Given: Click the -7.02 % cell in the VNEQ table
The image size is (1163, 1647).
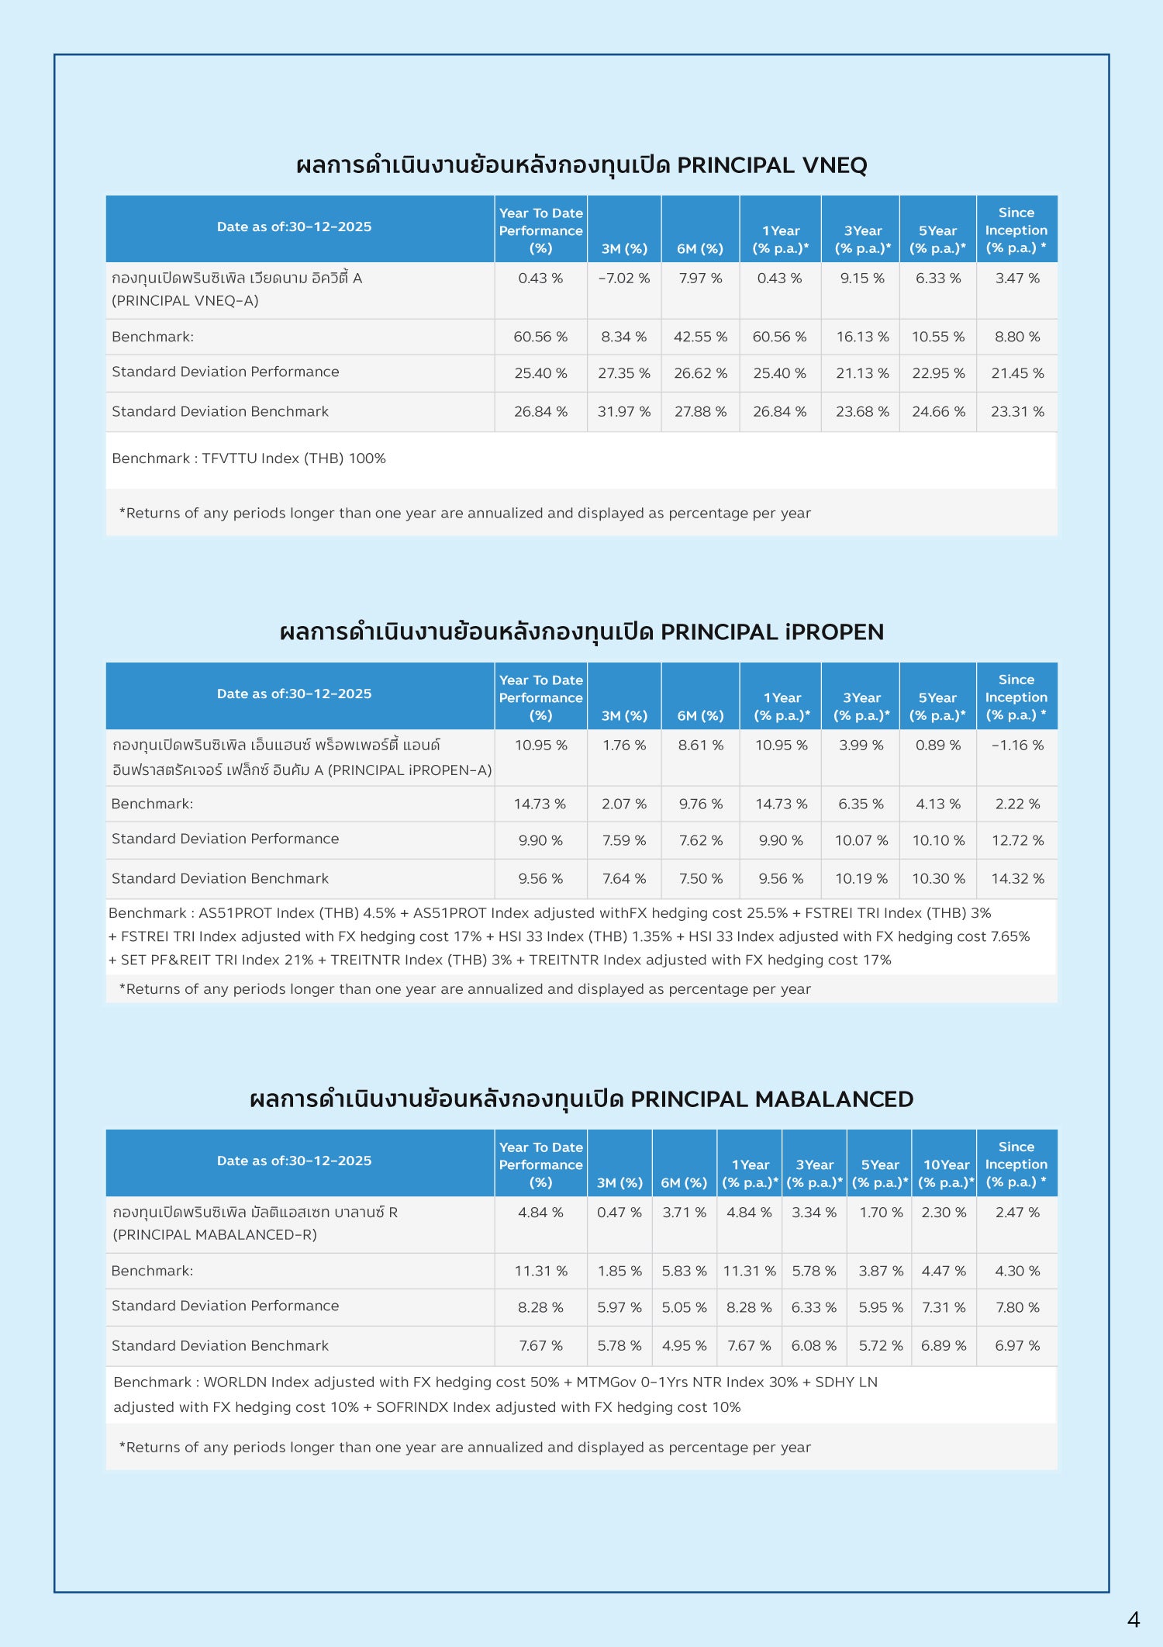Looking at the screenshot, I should pyautogui.click(x=623, y=279).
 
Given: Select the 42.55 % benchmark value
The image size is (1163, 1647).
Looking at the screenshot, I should pyautogui.click(x=700, y=337).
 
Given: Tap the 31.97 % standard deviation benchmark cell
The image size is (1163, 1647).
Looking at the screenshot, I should pyautogui.click(x=623, y=412).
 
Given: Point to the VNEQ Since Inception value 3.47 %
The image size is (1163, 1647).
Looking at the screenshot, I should pyautogui.click(x=1017, y=279).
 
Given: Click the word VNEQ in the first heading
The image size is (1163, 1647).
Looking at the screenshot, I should pyautogui.click(x=834, y=165).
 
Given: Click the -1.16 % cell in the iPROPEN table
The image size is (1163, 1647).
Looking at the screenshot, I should pyautogui.click(x=1017, y=746).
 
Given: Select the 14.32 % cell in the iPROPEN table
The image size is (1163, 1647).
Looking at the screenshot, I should pyautogui.click(x=1017, y=879).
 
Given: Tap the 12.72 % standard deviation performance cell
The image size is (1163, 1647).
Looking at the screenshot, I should pyautogui.click(x=1017, y=841).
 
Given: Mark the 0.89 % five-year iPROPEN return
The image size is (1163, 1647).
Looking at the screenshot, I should pyautogui.click(x=938, y=746).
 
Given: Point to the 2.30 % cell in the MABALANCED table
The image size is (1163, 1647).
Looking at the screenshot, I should pyautogui.click(x=944, y=1213).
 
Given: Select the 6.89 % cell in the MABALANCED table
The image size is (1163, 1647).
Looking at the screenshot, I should pyautogui.click(x=944, y=1346).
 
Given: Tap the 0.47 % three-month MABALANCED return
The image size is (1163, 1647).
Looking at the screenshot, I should pyautogui.click(x=619, y=1213).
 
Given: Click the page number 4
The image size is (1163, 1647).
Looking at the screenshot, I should pyautogui.click(x=1134, y=1620).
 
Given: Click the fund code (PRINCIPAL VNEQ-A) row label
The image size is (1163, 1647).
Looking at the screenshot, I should pyautogui.click(x=185, y=301).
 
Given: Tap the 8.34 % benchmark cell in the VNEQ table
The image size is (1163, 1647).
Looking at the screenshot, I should pyautogui.click(x=623, y=337).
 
